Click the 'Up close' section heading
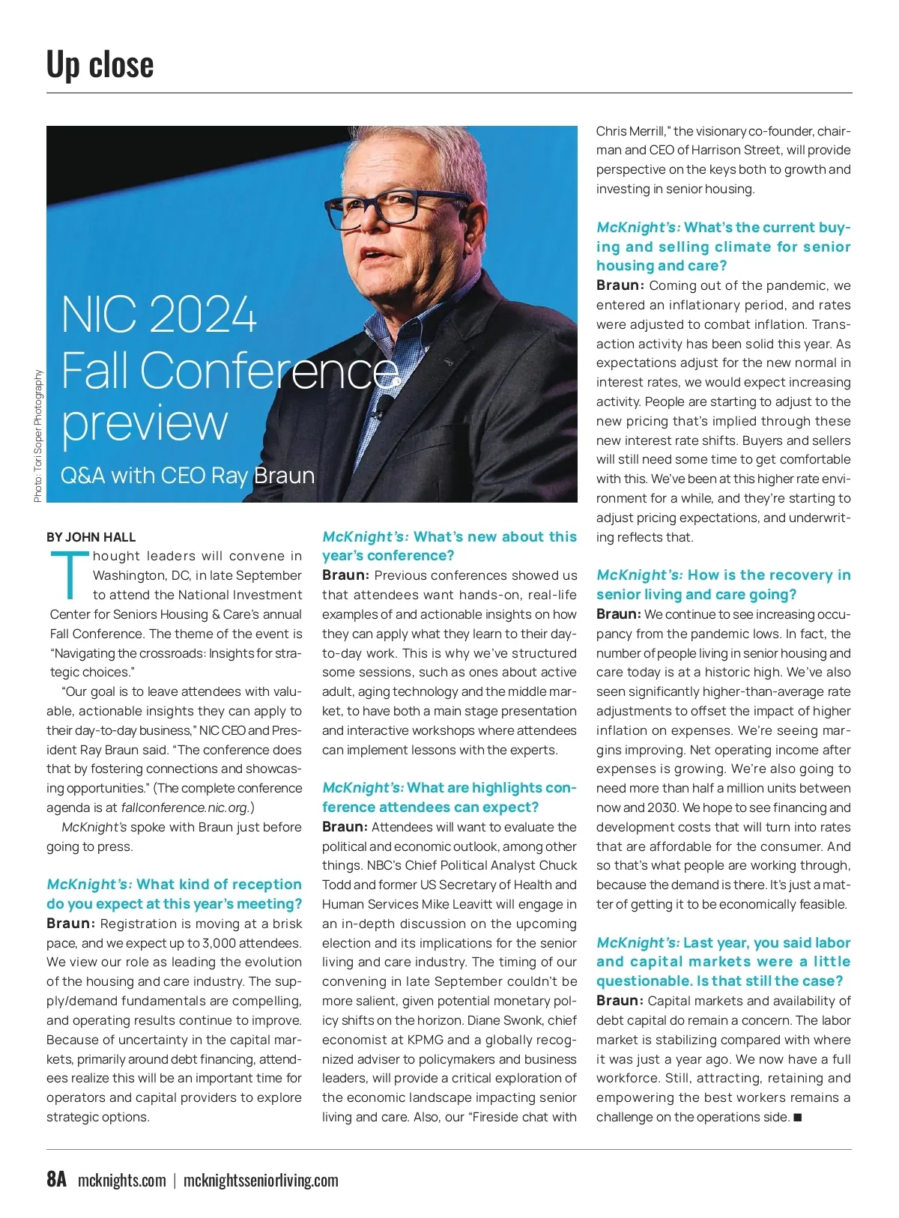point(100,64)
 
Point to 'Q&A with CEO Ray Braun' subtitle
point(187,476)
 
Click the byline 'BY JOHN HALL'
point(91,537)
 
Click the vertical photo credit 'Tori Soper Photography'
point(38,437)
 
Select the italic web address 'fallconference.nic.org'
point(184,808)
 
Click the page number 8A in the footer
point(56,1179)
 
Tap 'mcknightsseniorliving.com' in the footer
point(261,1181)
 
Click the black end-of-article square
point(797,1118)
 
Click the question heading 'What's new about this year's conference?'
point(449,546)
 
